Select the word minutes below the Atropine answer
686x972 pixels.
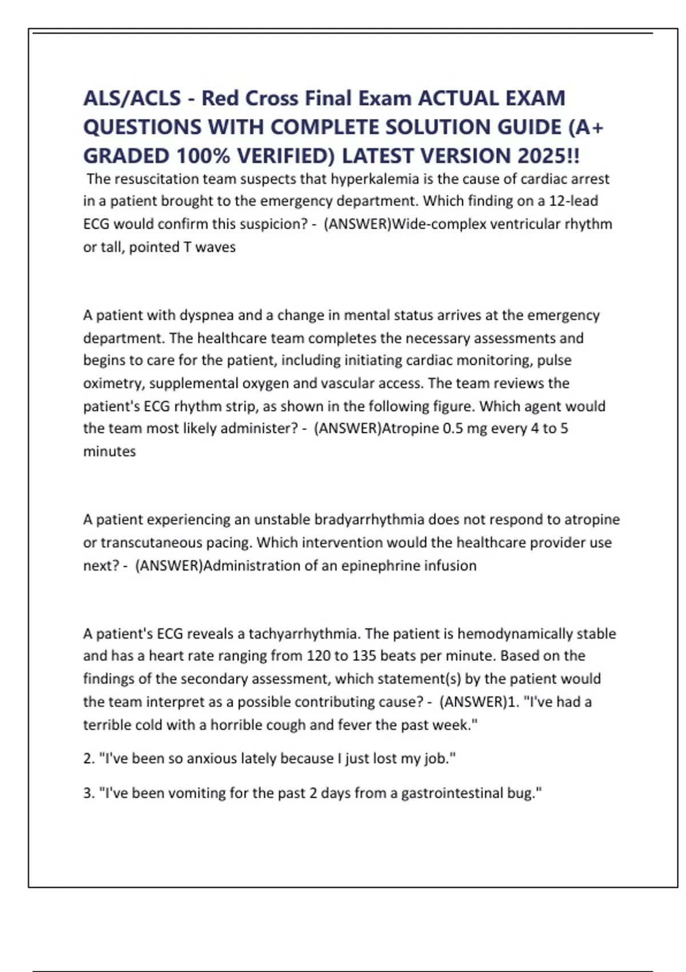[x=109, y=452]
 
